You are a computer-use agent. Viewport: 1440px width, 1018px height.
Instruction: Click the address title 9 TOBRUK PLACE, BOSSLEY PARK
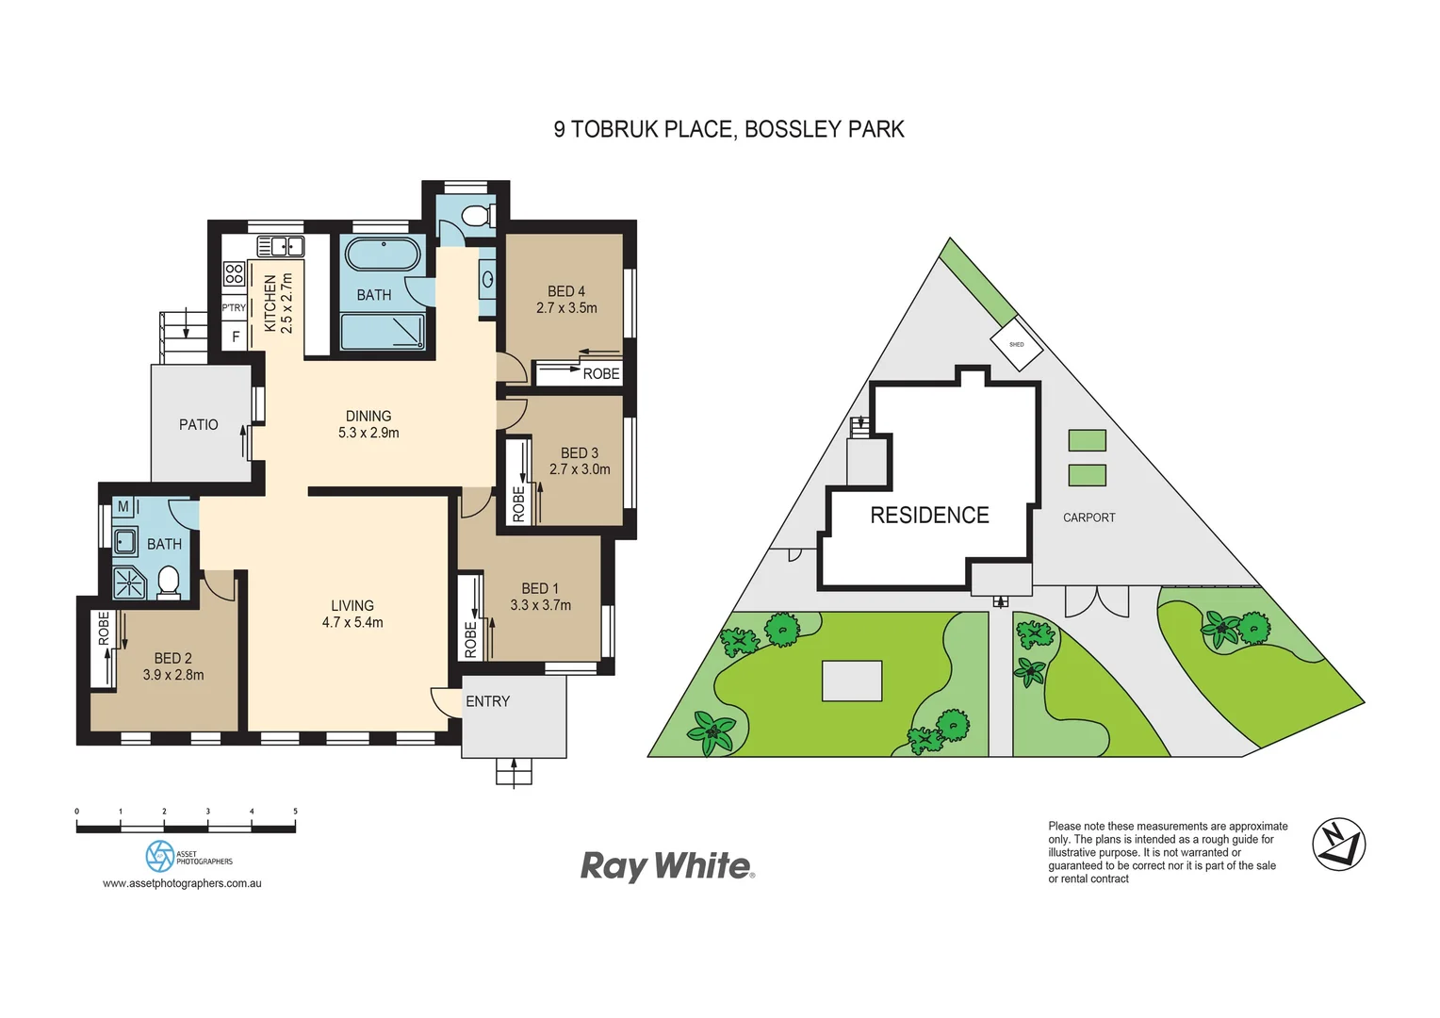[728, 129]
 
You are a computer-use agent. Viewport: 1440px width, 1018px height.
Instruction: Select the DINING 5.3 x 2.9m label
[368, 424]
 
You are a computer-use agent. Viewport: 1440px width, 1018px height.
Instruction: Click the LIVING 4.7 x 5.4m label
[352, 614]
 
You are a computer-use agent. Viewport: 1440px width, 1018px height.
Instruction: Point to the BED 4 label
[566, 300]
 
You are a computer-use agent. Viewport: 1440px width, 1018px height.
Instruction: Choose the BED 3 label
[580, 461]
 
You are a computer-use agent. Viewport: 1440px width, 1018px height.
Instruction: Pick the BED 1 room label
[540, 597]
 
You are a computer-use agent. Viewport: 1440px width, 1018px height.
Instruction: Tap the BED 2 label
[173, 666]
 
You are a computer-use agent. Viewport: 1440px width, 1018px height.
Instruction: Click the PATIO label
[198, 425]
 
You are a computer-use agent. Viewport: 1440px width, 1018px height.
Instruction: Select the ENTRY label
[487, 701]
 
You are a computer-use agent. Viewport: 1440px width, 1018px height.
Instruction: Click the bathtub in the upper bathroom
[383, 254]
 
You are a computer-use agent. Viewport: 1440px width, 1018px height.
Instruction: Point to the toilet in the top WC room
[477, 215]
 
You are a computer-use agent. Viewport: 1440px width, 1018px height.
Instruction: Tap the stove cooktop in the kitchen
[234, 274]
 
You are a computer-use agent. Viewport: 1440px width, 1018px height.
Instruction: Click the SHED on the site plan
[1017, 345]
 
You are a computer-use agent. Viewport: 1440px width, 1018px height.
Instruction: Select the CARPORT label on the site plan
[1088, 517]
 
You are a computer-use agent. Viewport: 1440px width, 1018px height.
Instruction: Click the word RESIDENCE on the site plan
[929, 516]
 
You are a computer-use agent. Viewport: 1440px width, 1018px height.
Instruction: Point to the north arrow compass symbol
[1338, 844]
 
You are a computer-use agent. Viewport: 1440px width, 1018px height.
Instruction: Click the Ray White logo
[667, 865]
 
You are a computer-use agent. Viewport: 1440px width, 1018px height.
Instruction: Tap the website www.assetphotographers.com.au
[182, 883]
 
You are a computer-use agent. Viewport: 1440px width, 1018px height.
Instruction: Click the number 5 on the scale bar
[295, 812]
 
